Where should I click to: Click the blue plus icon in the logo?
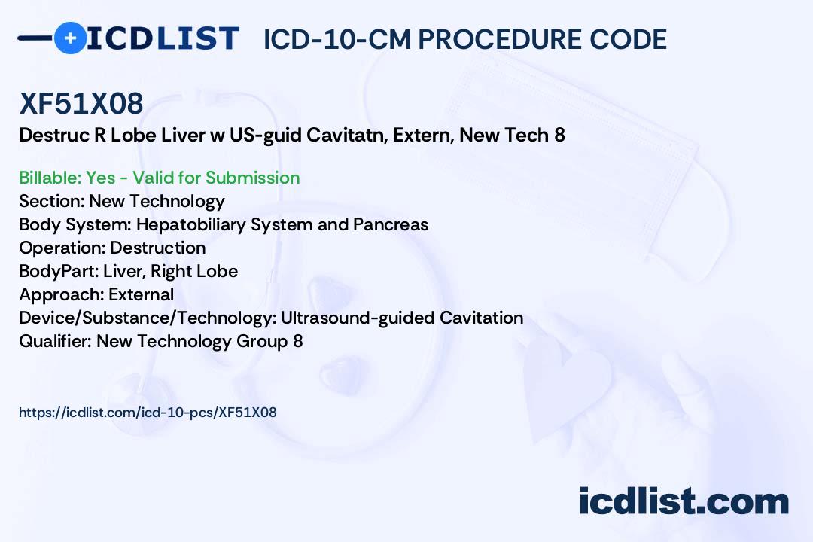(70, 38)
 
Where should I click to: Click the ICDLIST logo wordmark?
(163, 38)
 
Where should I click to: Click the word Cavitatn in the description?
(346, 135)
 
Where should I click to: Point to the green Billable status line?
(159, 178)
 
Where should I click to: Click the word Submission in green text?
(252, 178)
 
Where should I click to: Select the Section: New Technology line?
(122, 201)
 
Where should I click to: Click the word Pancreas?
(391, 224)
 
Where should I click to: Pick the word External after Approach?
(141, 294)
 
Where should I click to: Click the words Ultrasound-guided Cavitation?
(402, 318)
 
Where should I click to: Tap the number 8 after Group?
(297, 341)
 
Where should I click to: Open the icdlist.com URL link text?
(148, 413)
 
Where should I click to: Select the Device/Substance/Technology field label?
(148, 318)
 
